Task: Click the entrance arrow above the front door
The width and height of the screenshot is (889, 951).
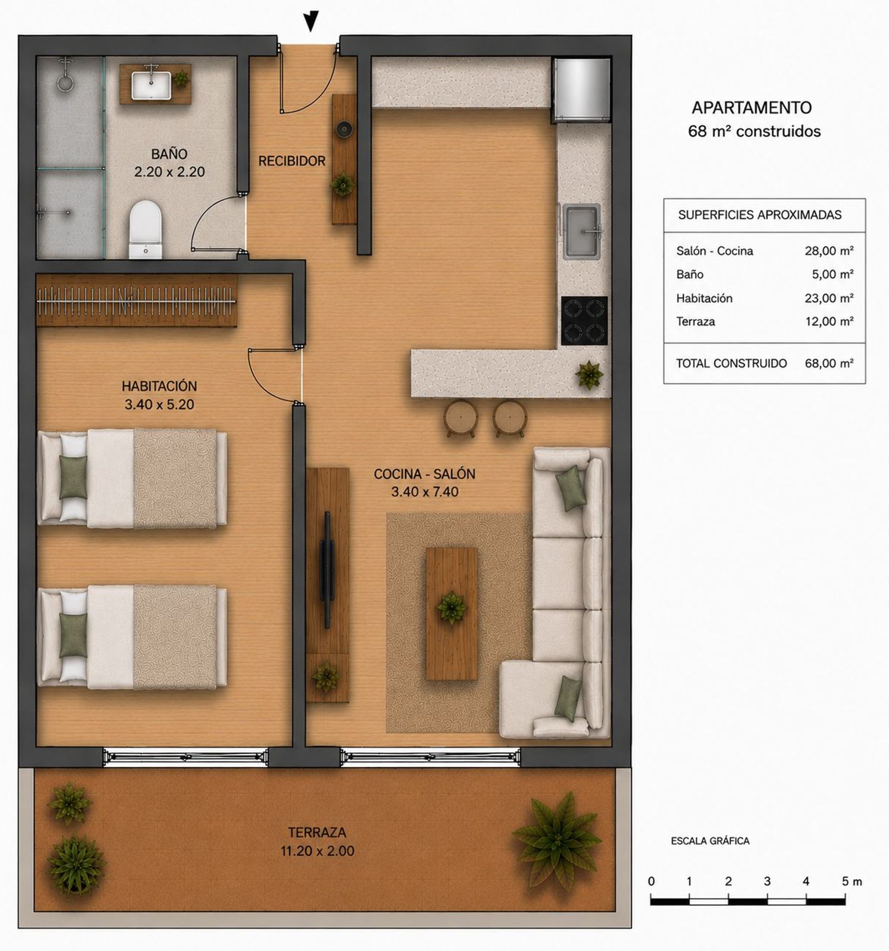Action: click(311, 21)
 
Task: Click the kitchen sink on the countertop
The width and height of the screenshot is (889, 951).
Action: click(582, 231)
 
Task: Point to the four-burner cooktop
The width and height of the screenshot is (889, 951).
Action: click(584, 321)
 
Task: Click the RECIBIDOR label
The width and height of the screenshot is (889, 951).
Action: click(292, 161)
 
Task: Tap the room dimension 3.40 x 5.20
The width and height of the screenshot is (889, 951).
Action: click(159, 404)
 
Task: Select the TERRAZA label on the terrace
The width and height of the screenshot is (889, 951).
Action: click(317, 832)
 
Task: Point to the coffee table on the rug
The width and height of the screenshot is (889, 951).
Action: click(452, 614)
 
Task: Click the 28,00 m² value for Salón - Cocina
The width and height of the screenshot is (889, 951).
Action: click(829, 251)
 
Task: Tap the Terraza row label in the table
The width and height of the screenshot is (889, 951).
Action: click(695, 322)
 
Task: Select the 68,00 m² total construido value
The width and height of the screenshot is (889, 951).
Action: click(829, 363)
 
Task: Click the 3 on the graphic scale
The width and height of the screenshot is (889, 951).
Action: click(767, 881)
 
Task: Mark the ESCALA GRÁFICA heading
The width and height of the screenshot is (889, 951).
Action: click(710, 841)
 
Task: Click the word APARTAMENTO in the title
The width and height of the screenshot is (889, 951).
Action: click(752, 108)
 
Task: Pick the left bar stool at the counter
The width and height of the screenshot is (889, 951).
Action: click(461, 417)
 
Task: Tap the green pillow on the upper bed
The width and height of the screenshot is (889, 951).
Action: click(73, 477)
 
